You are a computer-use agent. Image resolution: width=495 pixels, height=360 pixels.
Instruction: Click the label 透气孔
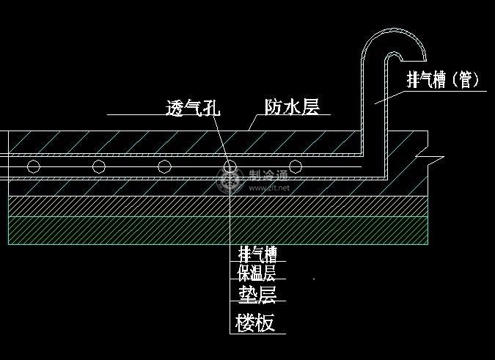point(193,108)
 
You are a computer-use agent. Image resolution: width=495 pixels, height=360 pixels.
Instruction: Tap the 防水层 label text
point(292,107)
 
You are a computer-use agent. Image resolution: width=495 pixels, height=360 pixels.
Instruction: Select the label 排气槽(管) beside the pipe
point(443,80)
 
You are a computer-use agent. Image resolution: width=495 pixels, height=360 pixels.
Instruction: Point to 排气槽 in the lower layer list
point(257,254)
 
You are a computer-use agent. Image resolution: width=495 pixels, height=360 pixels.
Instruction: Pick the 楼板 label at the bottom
point(256,322)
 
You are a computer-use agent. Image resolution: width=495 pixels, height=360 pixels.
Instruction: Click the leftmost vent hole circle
point(34,166)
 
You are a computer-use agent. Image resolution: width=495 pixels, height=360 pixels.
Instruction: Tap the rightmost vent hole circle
point(295,166)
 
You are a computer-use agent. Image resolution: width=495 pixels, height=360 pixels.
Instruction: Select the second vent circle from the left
point(99,166)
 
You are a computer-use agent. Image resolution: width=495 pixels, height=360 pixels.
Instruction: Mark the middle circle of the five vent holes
point(165,166)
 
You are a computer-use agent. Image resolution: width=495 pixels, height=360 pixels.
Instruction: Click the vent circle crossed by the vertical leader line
point(230,166)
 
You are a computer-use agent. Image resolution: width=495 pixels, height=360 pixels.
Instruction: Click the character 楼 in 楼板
point(245,322)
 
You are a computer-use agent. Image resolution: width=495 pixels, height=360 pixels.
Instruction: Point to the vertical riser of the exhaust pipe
point(373,110)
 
